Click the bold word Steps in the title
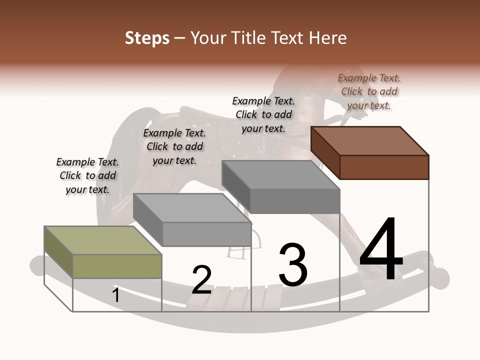click(147, 38)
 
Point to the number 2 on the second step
click(202, 280)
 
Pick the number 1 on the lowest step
click(116, 295)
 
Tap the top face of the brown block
click(370, 140)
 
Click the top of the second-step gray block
click(192, 208)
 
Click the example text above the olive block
click(87, 175)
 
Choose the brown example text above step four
click(369, 91)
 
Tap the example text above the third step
click(263, 114)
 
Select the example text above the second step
click(174, 146)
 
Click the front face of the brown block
click(384, 167)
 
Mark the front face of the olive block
click(117, 266)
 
